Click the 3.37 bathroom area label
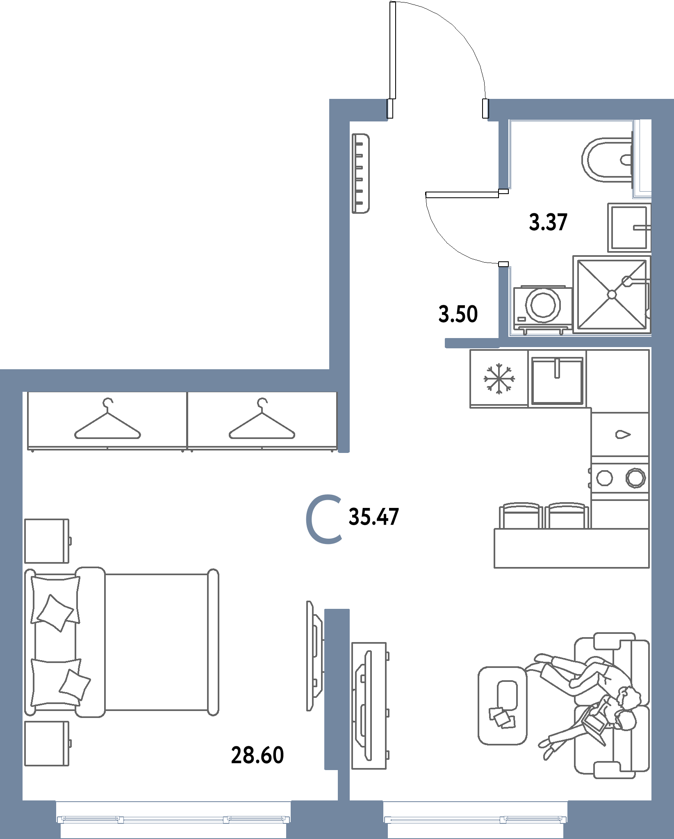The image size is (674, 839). tap(548, 222)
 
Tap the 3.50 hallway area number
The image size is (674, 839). tap(458, 314)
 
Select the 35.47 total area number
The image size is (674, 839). tap(373, 517)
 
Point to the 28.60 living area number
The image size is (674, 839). tap(257, 755)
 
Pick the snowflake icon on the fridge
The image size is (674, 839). tap(499, 378)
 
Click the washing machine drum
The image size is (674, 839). tap(543, 304)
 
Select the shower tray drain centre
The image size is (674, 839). tap(611, 294)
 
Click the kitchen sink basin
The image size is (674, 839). tap(557, 381)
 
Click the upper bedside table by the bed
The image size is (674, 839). tap(47, 541)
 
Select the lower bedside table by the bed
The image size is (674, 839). tap(47, 744)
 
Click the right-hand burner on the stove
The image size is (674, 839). tap(635, 478)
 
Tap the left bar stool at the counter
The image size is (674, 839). tap(519, 515)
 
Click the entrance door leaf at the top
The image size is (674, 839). tap(393, 50)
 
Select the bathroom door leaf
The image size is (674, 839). tap(462, 194)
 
